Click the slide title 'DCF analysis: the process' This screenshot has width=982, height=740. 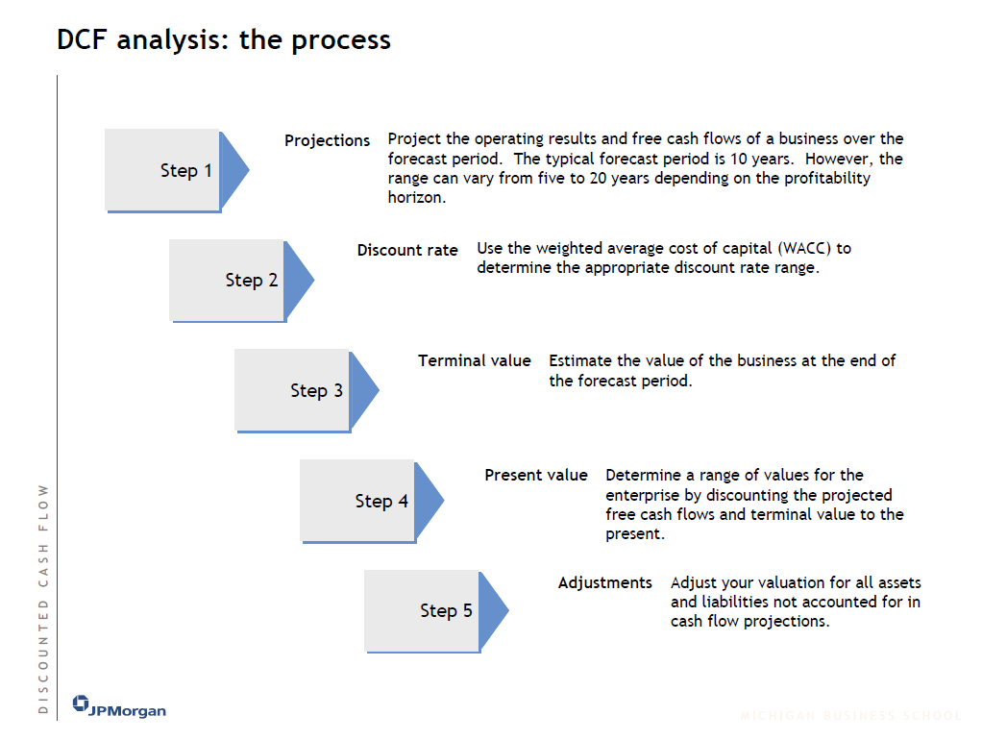[x=224, y=40]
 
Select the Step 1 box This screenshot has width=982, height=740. [x=163, y=170]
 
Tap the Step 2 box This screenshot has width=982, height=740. [x=228, y=280]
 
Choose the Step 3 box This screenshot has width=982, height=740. [x=293, y=390]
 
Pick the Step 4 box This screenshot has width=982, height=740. [x=358, y=501]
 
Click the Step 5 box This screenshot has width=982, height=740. [x=423, y=610]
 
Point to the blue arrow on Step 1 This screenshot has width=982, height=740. [x=233, y=170]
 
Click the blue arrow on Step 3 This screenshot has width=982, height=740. [x=362, y=390]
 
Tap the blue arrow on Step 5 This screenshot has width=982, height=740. [x=492, y=610]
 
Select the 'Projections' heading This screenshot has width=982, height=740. [x=327, y=140]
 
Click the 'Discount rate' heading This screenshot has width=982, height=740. [x=407, y=250]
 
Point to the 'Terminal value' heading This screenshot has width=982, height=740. [x=474, y=360]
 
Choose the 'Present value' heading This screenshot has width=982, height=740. [x=535, y=475]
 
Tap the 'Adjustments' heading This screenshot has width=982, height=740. [x=604, y=582]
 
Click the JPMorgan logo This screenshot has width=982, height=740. [x=119, y=708]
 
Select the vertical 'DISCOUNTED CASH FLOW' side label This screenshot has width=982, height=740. [x=42, y=598]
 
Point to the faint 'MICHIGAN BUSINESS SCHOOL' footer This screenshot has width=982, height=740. [x=850, y=716]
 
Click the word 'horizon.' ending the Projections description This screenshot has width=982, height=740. [x=417, y=197]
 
